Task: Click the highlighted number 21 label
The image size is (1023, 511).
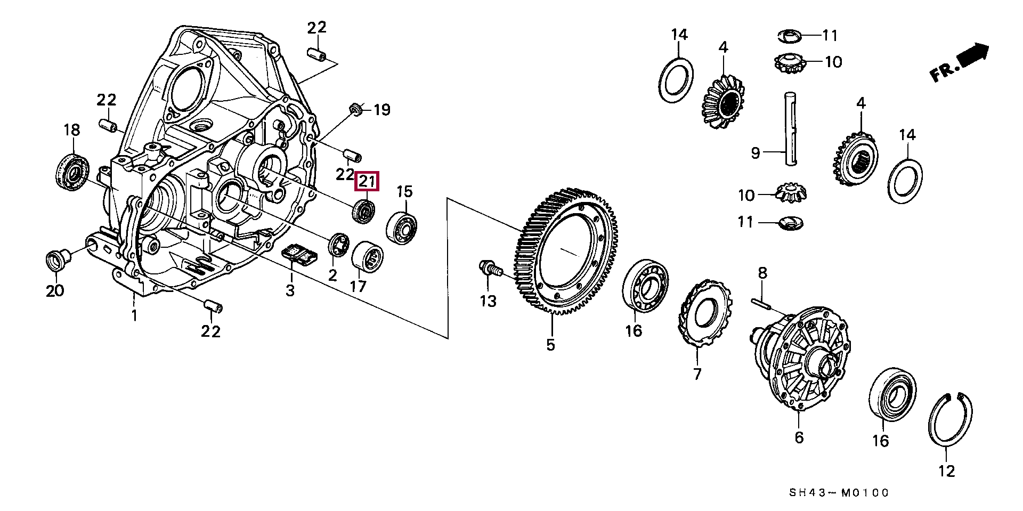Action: (367, 182)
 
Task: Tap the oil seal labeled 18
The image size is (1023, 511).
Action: (73, 171)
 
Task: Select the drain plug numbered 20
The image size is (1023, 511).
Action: (55, 261)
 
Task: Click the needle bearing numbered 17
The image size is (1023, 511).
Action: (367, 256)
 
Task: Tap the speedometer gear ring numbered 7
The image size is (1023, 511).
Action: (703, 314)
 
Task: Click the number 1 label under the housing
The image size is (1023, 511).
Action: (134, 315)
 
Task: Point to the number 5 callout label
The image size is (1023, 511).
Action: (550, 345)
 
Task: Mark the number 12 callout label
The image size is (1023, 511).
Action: (947, 471)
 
